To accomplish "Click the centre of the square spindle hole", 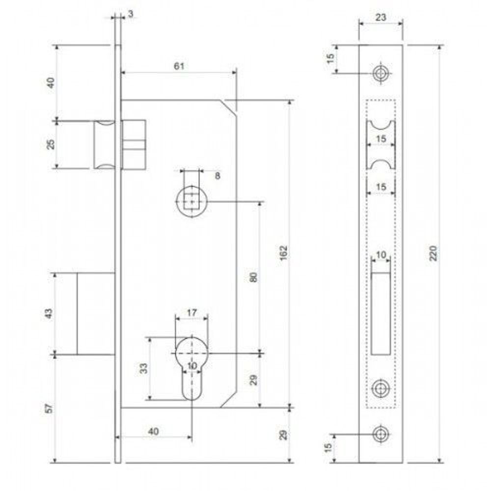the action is point(191,201).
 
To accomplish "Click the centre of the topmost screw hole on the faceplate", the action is point(381,74).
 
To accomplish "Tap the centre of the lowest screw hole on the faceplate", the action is point(381,435).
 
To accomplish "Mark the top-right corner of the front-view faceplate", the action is point(403,45).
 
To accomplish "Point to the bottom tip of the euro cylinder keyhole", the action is point(191,401).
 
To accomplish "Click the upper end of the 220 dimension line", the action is point(440,45).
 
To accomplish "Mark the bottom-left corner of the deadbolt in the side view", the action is point(78,355).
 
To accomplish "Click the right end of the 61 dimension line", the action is point(236,73).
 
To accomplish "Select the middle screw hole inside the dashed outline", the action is point(381,388).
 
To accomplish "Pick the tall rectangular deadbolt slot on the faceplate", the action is point(381,314).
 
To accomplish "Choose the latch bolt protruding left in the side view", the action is point(105,145).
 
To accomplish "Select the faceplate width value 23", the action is point(381,18).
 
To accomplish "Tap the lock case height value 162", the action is point(283,253).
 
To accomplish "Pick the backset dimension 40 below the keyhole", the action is point(153,432).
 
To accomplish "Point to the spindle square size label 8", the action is point(218,176).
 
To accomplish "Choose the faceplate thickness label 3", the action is point(131,14).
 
